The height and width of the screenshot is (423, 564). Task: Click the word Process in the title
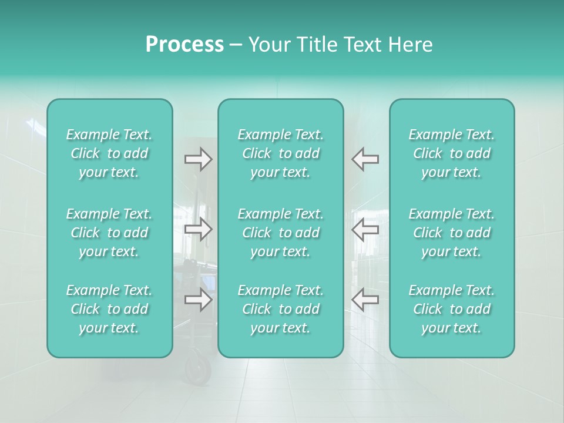click(184, 45)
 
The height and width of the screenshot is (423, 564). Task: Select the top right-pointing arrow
click(198, 159)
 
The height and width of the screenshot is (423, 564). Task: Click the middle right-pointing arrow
click(198, 229)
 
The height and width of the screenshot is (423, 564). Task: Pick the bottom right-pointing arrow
click(198, 300)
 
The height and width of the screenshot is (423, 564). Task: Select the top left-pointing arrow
click(365, 159)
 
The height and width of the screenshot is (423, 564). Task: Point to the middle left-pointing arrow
click(365, 229)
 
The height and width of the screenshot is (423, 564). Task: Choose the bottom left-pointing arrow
click(365, 300)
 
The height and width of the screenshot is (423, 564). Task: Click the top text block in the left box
click(109, 153)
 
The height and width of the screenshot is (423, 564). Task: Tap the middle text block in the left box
click(109, 233)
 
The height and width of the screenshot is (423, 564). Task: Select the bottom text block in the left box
click(109, 309)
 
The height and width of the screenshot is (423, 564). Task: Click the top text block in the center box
click(281, 153)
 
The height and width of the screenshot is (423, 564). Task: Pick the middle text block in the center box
click(281, 233)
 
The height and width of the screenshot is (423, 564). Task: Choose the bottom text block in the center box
click(281, 309)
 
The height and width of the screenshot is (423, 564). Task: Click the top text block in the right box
click(452, 153)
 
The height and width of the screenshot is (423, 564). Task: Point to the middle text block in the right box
click(452, 233)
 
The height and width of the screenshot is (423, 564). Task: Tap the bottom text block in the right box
click(452, 309)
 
